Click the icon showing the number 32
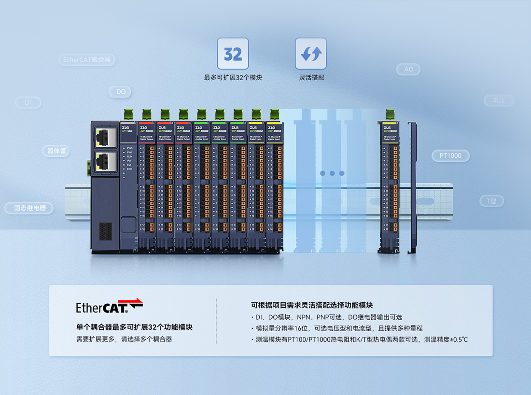(233, 54)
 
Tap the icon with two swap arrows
(310, 54)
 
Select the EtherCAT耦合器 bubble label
(87, 60)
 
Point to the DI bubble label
(28, 102)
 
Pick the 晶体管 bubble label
(56, 151)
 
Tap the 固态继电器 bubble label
(29, 208)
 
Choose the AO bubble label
(408, 70)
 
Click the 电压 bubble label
(498, 100)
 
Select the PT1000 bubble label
(450, 155)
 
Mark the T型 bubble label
(491, 201)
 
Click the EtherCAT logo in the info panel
(110, 306)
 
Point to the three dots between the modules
(331, 173)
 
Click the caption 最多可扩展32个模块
(233, 77)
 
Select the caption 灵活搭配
(311, 77)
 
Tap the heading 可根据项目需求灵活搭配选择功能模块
(312, 305)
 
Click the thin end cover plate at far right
(412, 188)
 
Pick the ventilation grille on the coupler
(105, 231)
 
